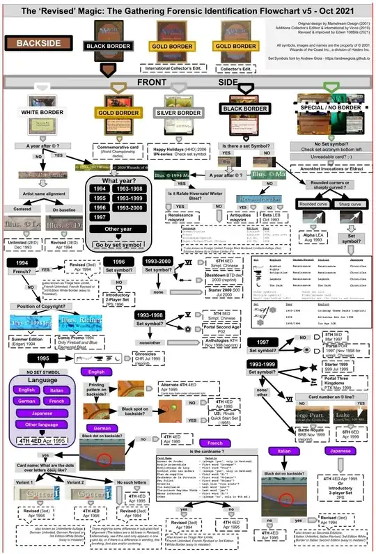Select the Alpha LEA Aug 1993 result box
(x=311, y=236)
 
